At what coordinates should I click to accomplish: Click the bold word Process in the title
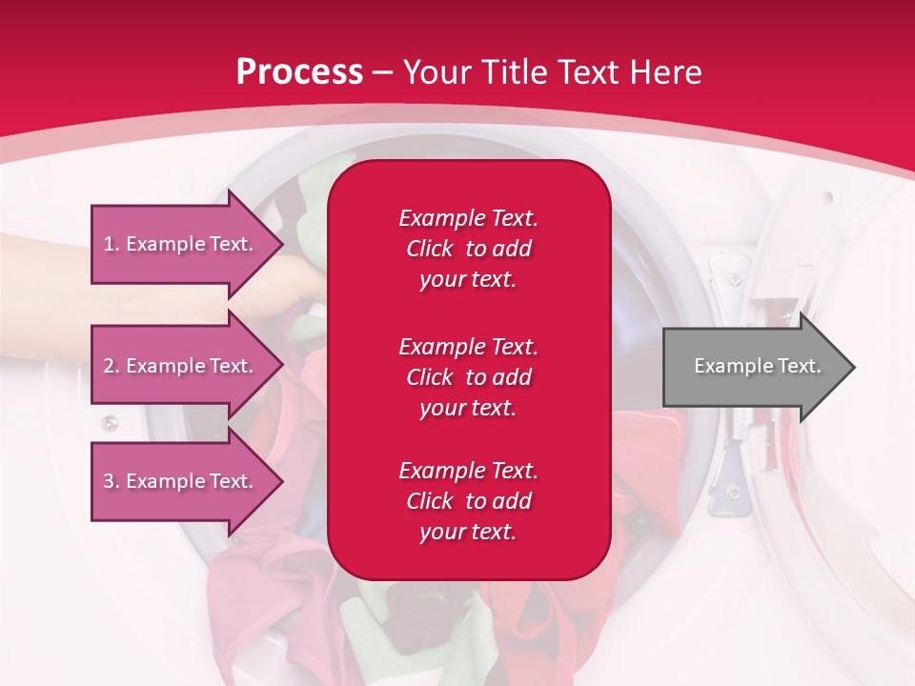coord(300,72)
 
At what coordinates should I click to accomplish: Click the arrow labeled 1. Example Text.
coord(188,244)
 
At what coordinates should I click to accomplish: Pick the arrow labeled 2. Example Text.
coord(188,365)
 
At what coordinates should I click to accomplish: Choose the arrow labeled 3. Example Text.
coord(188,480)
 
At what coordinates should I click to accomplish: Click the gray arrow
coord(760,367)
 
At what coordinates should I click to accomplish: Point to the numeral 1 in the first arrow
coord(108,244)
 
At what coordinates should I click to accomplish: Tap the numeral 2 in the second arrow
coord(109,366)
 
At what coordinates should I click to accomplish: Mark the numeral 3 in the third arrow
coord(109,481)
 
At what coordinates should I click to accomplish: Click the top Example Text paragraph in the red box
coord(469,249)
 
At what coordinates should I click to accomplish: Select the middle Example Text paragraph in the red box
coord(469,377)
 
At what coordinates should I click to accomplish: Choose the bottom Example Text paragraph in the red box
coord(469,501)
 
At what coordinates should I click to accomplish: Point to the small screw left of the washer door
coord(110,423)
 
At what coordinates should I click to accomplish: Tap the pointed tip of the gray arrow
coord(855,367)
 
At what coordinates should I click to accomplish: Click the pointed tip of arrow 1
coord(284,244)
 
